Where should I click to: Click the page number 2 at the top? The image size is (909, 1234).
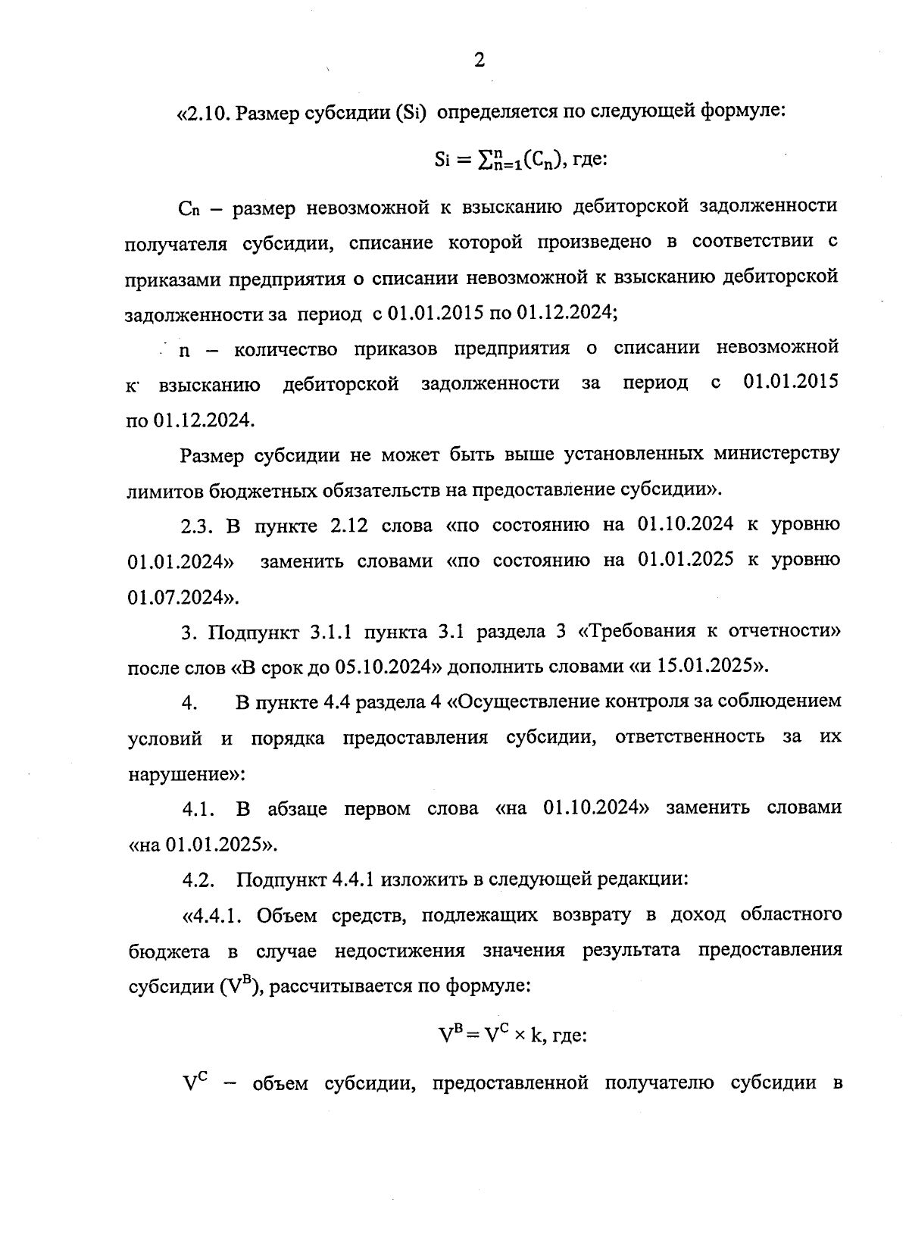(x=479, y=61)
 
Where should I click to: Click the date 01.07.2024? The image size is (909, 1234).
(x=179, y=597)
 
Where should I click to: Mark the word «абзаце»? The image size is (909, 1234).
(x=298, y=808)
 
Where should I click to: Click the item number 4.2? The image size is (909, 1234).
(x=199, y=879)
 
